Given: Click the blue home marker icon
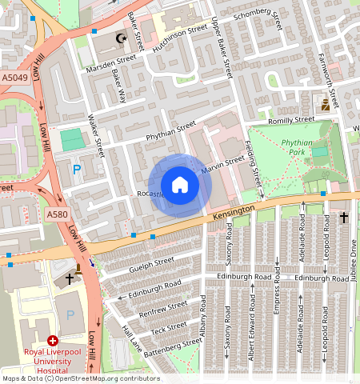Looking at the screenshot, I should click(181, 186).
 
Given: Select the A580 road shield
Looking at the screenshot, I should click(57, 214).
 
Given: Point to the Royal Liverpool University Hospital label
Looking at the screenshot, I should click(55, 361).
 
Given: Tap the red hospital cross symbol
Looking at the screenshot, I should click(53, 341).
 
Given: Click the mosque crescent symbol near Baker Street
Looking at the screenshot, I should click(122, 38).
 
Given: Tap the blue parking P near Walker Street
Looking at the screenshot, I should click(77, 169).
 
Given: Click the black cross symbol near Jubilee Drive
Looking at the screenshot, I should click(345, 218).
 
